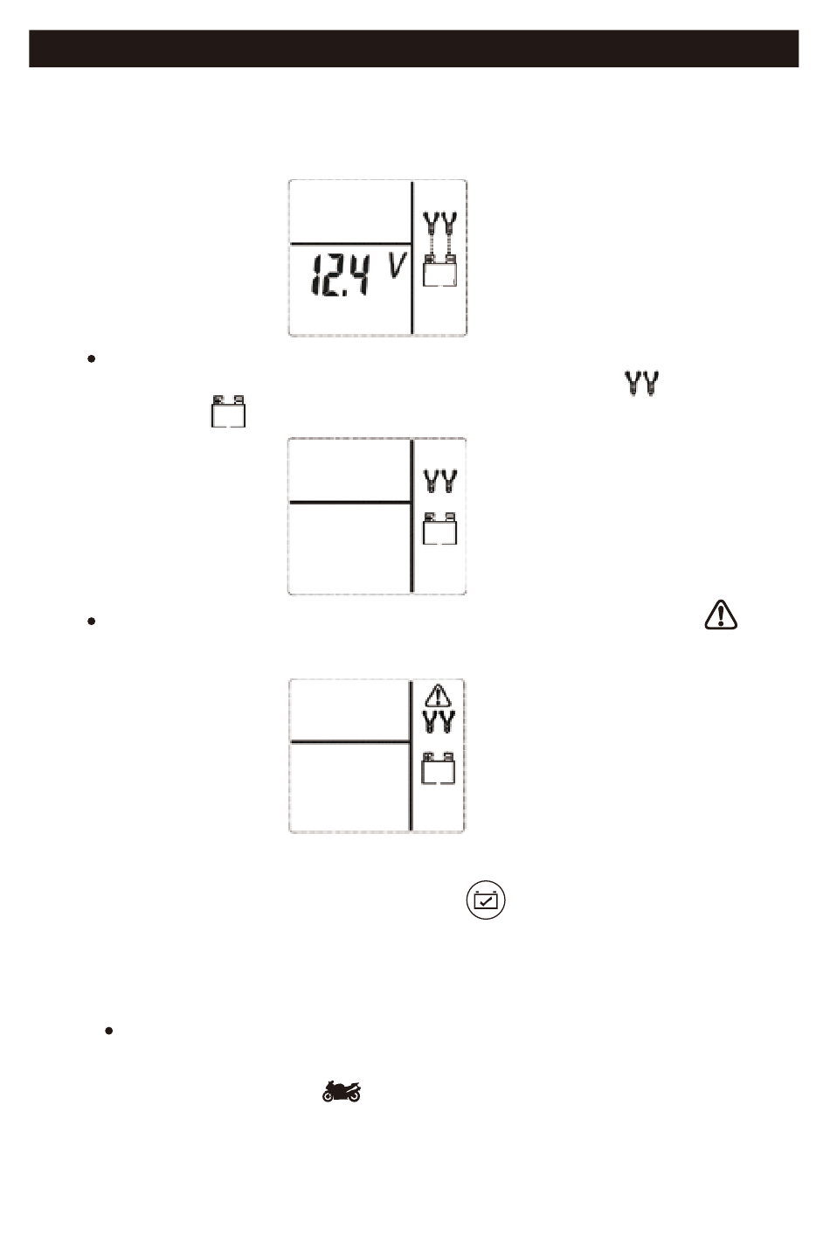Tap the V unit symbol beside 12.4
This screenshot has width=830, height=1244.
[x=396, y=265]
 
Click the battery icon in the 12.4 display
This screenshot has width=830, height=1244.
[x=439, y=272]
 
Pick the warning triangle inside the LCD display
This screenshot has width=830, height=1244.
[x=438, y=696]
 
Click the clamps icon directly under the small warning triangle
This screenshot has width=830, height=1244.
[x=439, y=722]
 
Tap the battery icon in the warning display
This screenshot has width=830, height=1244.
[x=439, y=768]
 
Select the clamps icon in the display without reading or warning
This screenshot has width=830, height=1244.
[x=440, y=482]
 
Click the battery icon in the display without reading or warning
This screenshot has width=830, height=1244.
[x=439, y=529]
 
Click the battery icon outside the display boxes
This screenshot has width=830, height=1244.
[x=228, y=411]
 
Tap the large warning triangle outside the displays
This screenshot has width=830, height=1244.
[x=720, y=615]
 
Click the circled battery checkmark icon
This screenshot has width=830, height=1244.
[x=487, y=900]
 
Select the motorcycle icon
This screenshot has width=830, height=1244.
[x=342, y=1090]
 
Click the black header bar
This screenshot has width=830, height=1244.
[x=414, y=49]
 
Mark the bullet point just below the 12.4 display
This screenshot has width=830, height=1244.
[x=91, y=359]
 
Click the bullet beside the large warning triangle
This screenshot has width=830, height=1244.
[x=91, y=621]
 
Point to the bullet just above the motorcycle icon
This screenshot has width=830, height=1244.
[x=108, y=1031]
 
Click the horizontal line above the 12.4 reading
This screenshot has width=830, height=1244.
[x=349, y=243]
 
